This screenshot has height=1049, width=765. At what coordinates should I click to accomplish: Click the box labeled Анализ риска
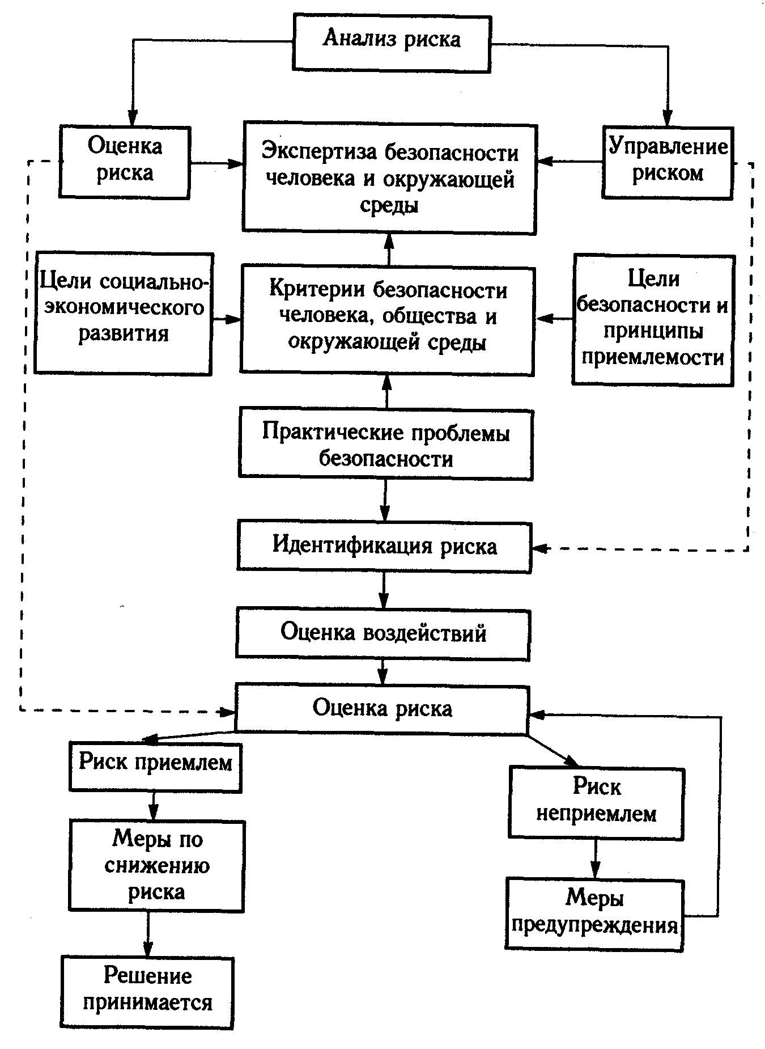(x=392, y=43)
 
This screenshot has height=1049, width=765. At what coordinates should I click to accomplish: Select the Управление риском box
(x=668, y=162)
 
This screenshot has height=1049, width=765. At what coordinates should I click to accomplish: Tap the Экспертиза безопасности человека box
(x=390, y=177)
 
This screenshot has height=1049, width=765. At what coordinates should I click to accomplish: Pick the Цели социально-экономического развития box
(x=123, y=314)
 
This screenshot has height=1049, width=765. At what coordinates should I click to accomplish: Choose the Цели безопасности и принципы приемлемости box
(x=653, y=319)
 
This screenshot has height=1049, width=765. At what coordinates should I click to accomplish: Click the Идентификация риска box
(x=384, y=547)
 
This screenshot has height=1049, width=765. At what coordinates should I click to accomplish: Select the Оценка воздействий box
(x=383, y=633)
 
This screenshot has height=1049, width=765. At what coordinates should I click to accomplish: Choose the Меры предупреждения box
(x=594, y=913)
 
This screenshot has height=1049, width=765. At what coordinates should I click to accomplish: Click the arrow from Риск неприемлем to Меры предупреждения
(x=595, y=859)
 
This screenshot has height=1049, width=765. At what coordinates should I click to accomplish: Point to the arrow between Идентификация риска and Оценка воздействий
(x=384, y=590)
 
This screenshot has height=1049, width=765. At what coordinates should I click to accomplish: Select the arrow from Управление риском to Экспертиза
(x=569, y=162)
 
